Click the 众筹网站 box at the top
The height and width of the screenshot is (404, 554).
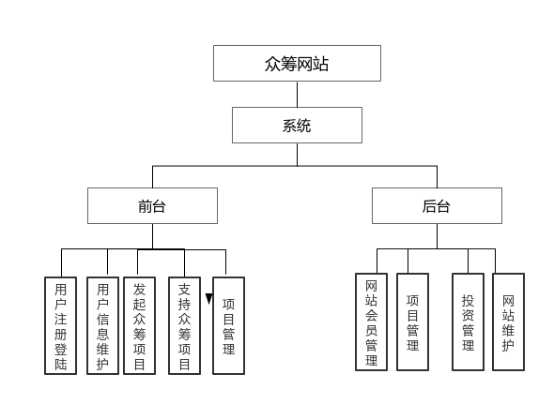click(x=297, y=64)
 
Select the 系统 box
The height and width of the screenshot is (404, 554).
click(x=297, y=125)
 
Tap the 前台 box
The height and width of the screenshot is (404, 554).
click(x=152, y=205)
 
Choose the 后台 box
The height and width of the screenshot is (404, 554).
click(x=437, y=205)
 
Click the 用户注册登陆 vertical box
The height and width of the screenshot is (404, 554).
click(x=61, y=325)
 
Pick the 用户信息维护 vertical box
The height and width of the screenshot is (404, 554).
click(x=102, y=325)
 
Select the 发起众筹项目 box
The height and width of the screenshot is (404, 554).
click(x=139, y=325)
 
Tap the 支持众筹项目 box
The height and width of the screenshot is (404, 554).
click(x=184, y=325)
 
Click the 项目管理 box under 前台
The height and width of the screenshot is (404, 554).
click(x=228, y=325)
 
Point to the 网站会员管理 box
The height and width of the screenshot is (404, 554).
click(x=371, y=322)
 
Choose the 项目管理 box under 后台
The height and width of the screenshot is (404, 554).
click(x=412, y=322)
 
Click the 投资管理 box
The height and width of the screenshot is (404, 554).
click(x=468, y=322)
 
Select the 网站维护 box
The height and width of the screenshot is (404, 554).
click(x=508, y=322)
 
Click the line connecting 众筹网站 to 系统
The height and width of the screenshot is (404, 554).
click(x=297, y=94)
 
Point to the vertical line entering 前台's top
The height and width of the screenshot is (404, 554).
click(x=152, y=176)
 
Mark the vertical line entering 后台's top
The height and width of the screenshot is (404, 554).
click(x=437, y=176)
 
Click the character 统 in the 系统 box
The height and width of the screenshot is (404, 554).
click(x=304, y=125)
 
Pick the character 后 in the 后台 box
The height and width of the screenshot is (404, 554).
click(x=429, y=205)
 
